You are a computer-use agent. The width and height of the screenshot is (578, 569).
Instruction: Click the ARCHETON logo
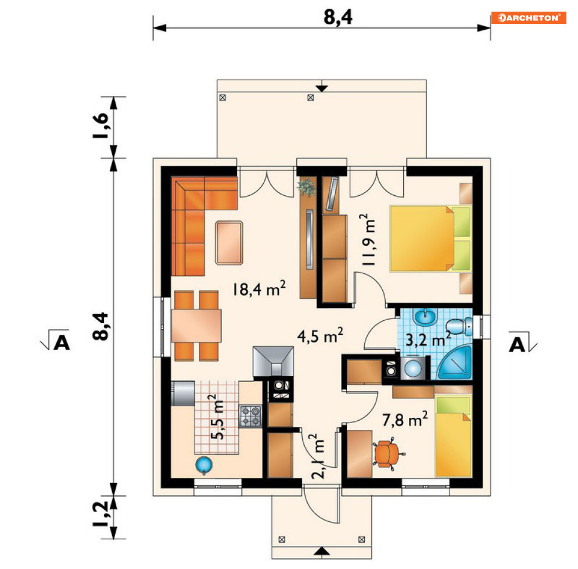click(528, 17)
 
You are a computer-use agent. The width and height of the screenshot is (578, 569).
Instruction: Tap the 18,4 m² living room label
click(259, 289)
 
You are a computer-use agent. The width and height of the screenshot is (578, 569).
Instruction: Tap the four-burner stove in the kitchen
click(252, 416)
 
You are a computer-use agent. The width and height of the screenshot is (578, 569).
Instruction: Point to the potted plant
click(306, 187)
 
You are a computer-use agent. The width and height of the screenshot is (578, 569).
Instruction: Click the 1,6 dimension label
click(100, 126)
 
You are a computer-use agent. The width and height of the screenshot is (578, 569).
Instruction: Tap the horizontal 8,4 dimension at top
click(339, 17)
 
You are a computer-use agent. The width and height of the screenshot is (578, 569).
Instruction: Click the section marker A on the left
click(62, 343)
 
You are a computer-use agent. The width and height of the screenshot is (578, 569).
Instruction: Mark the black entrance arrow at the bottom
click(321, 550)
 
